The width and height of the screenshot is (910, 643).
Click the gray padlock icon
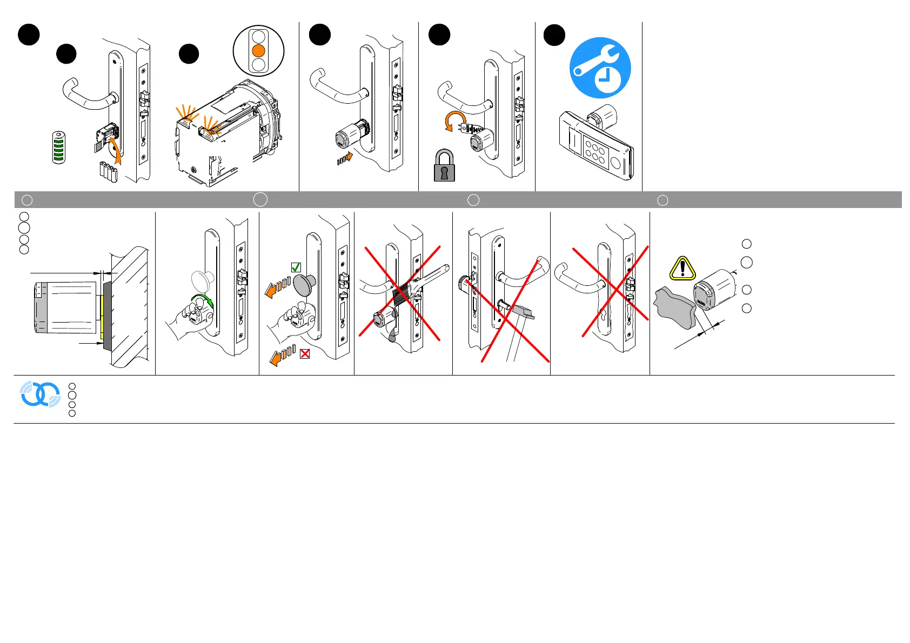(444, 166)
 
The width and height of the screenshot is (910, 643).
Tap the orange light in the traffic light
(259, 51)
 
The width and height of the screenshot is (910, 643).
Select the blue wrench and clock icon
(600, 68)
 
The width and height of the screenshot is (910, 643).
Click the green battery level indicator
(59, 147)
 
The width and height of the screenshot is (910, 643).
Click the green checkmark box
(296, 267)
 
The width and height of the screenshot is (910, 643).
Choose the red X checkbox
(305, 354)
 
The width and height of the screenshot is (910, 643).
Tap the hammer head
(523, 312)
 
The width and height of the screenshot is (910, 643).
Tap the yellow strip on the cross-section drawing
(102, 310)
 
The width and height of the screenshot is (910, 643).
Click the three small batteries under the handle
(109, 171)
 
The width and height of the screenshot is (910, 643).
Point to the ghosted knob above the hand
(203, 281)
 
